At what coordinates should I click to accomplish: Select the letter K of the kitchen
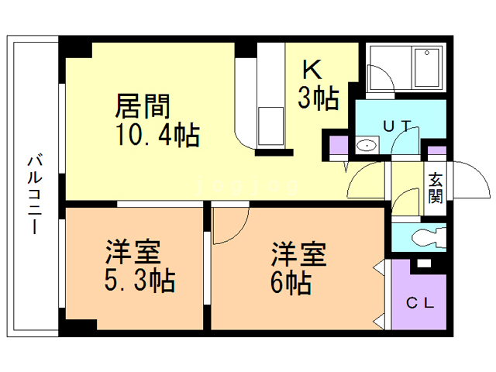312,71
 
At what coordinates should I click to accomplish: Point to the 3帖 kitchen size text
319,98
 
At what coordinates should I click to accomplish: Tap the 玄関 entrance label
436,187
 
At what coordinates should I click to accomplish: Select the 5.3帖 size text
140,279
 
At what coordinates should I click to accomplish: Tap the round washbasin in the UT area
367,146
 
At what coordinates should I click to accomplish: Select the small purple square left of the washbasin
339,146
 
